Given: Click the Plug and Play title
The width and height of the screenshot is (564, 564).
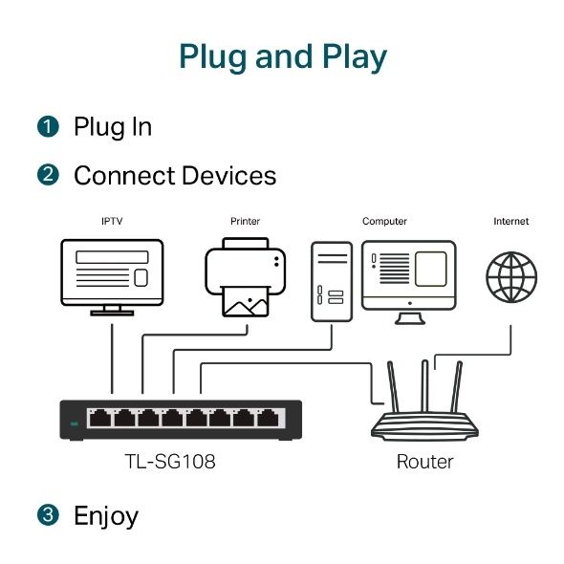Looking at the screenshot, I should (x=282, y=57).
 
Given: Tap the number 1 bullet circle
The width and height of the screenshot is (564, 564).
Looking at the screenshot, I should (x=48, y=127).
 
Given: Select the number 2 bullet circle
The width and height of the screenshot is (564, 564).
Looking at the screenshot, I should (x=48, y=176).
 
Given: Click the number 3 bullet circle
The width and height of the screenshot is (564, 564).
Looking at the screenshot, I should (x=48, y=516).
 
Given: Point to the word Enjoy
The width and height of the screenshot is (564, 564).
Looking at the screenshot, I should (x=106, y=517).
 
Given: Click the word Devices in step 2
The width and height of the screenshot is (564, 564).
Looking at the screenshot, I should (x=229, y=176).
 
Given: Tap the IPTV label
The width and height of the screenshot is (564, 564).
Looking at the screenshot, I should (x=112, y=222).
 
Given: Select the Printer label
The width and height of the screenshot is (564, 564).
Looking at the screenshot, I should (x=245, y=222).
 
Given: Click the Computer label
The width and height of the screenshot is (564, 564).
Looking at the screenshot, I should (x=384, y=222).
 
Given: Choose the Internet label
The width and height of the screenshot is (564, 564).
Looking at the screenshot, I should (x=510, y=222).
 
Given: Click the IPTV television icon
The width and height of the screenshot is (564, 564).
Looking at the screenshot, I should (x=112, y=275).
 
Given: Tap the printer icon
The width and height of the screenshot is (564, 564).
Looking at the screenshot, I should (x=245, y=278).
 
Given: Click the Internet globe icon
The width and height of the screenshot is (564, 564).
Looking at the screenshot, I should (x=510, y=277).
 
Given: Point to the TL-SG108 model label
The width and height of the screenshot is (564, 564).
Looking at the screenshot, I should (x=171, y=463).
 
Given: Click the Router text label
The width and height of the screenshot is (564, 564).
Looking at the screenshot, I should (x=424, y=463).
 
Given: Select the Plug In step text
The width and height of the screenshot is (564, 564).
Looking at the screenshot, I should (x=113, y=127).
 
